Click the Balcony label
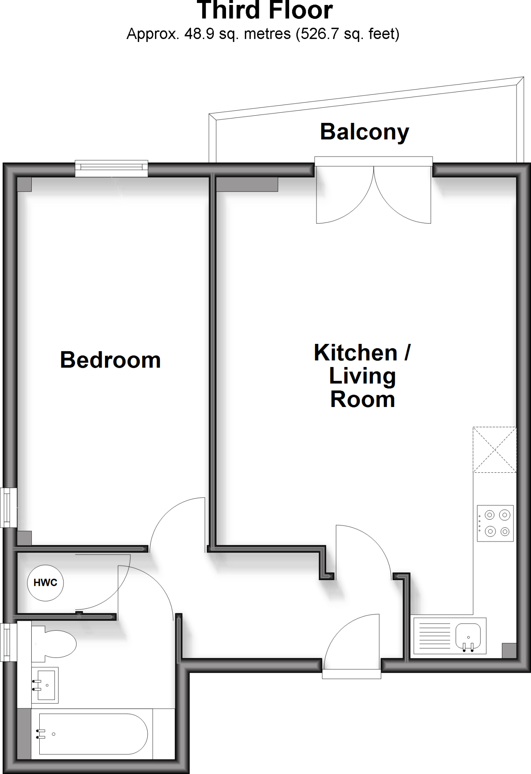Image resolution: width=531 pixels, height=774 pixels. pyautogui.click(x=364, y=132)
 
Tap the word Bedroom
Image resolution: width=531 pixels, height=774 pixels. pyautogui.click(x=110, y=360)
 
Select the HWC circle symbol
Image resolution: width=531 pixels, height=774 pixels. pyautogui.click(x=45, y=582)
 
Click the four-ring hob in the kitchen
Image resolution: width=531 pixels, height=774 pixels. pyautogui.click(x=495, y=523)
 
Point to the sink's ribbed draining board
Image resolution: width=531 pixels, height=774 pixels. pyautogui.click(x=433, y=636)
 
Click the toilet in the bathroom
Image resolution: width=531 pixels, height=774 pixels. pyautogui.click(x=55, y=643)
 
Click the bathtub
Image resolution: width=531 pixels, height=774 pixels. pyautogui.click(x=93, y=734)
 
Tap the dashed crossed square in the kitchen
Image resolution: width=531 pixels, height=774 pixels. pyautogui.click(x=494, y=449)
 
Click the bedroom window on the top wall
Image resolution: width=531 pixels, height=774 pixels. pyautogui.click(x=111, y=168)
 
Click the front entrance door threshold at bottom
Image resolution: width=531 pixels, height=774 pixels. pyautogui.click(x=351, y=674)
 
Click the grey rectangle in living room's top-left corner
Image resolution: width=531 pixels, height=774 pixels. pyautogui.click(x=247, y=184)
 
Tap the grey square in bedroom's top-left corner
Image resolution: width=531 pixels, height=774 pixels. pyautogui.click(x=25, y=184)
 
